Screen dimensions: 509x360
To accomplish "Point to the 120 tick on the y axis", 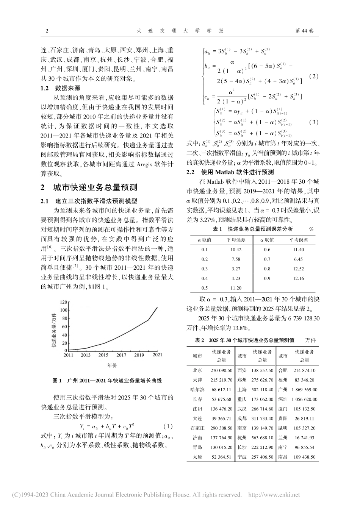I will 63,302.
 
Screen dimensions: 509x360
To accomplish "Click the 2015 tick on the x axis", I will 103,355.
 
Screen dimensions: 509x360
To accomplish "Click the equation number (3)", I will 313,122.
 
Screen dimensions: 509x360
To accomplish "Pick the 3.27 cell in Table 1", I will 235,269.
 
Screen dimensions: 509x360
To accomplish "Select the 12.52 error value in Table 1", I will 298,269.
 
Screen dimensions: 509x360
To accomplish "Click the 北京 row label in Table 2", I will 197,370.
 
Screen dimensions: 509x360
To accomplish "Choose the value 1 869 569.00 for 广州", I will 304,389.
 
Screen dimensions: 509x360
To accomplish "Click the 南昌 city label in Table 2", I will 283,457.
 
